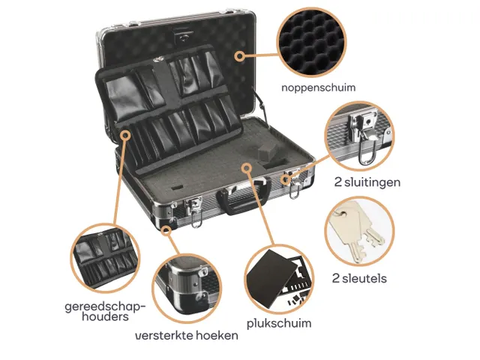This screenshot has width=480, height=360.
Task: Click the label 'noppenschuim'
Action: point(318,88)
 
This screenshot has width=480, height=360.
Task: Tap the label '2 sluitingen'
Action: point(367,182)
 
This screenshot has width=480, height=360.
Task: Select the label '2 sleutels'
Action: point(359,278)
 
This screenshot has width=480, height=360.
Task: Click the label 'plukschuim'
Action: point(279,323)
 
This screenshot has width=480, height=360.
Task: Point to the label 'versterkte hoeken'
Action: point(186,335)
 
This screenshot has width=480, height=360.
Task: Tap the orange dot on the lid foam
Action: point(239,55)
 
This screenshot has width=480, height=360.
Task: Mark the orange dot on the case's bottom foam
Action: point(247,166)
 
